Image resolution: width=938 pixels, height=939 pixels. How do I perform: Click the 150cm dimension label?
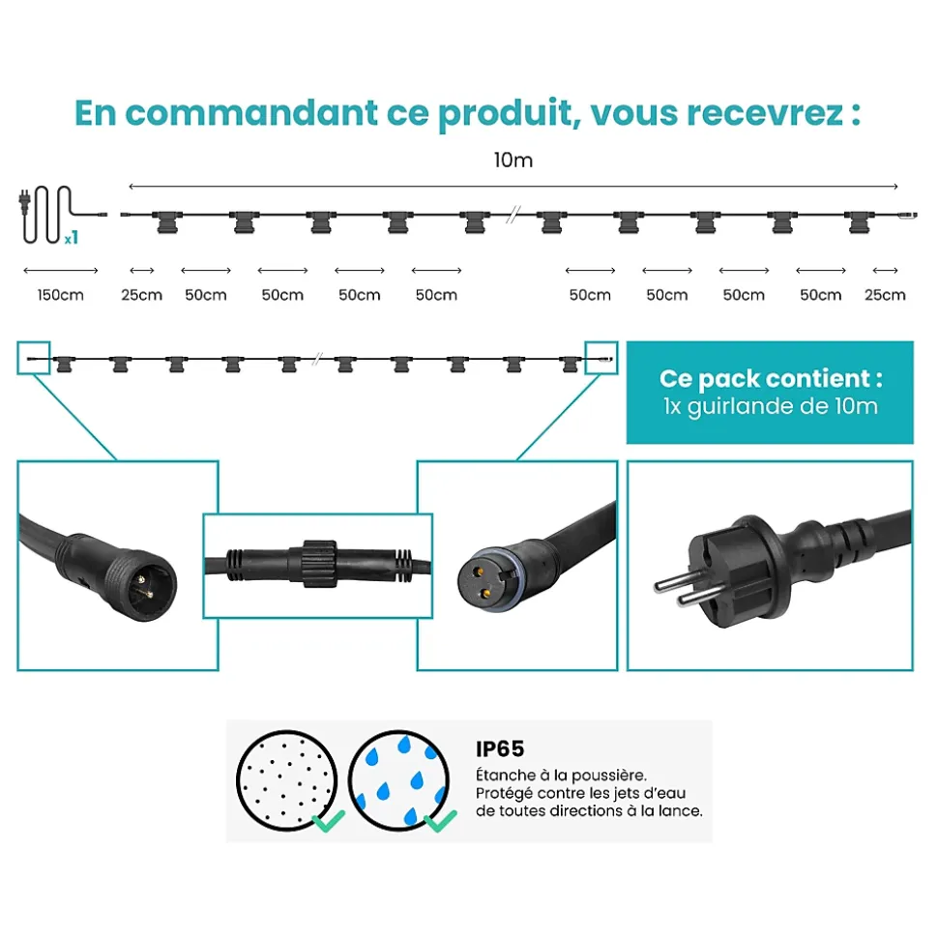[x=61, y=295]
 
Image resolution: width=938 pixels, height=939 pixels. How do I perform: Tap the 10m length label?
[x=513, y=160]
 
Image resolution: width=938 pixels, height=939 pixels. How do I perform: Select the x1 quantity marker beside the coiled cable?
[x=72, y=238]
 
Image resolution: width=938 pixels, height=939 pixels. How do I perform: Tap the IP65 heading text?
[x=500, y=748]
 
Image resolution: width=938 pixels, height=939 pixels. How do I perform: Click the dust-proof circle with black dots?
[x=287, y=780]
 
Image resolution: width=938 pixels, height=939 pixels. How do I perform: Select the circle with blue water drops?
[x=399, y=780]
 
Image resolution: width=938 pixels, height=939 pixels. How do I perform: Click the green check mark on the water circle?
[x=440, y=820]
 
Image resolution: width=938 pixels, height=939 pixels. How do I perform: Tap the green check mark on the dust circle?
[x=329, y=820]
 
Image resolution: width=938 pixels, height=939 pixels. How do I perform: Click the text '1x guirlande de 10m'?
[x=771, y=406]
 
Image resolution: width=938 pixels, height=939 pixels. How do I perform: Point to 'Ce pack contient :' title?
[x=771, y=378]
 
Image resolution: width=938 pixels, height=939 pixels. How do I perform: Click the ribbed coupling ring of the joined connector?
[x=320, y=564]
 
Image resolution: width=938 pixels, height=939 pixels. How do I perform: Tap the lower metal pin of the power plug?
[x=699, y=596]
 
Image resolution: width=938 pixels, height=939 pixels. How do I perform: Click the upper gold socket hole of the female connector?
[x=479, y=572]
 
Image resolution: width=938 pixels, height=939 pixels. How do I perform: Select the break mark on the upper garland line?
[x=513, y=215]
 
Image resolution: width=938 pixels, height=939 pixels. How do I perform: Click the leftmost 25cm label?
[x=142, y=295]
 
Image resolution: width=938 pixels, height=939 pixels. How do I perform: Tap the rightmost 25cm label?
[x=885, y=295]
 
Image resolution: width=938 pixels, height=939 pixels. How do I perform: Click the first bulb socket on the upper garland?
[x=167, y=221]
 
